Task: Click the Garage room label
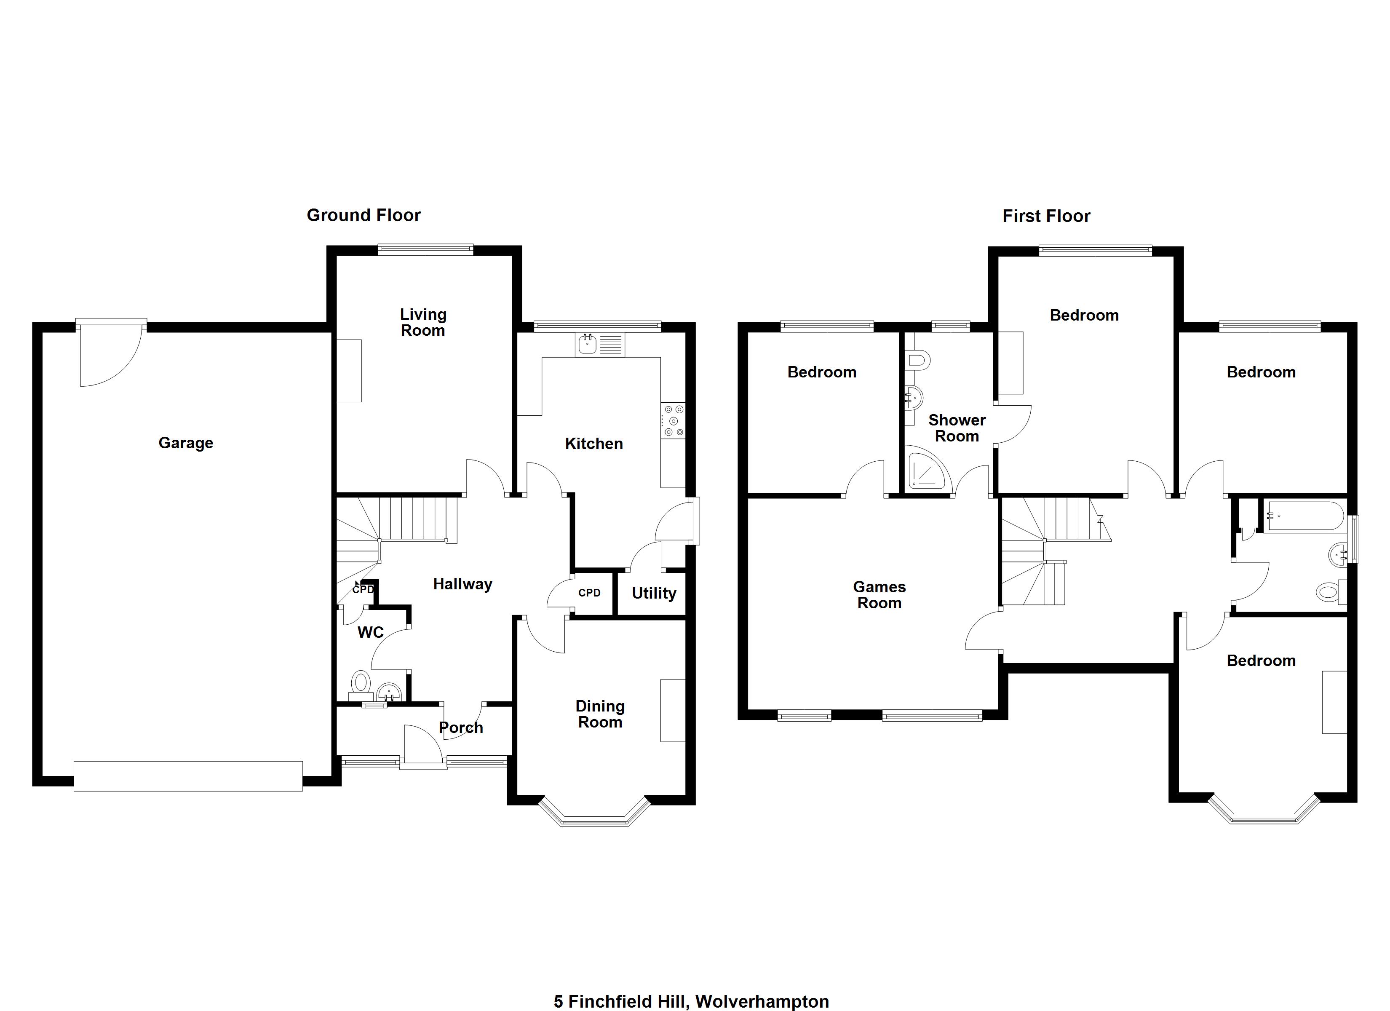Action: tap(186, 443)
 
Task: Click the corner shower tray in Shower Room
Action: tap(927, 472)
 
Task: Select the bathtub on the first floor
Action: tap(1304, 516)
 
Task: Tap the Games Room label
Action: tap(879, 595)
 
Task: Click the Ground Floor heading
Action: tap(364, 215)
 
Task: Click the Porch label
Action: tap(461, 728)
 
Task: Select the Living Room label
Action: tap(423, 323)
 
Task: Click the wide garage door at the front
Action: tap(188, 776)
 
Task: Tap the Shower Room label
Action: tap(957, 428)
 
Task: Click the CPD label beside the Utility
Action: tap(589, 593)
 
